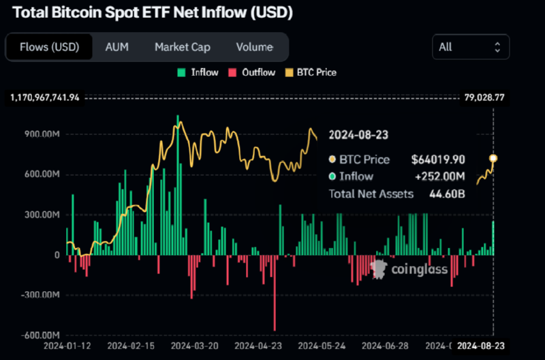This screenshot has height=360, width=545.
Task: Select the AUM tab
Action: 117,47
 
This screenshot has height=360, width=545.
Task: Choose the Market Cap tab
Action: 182,47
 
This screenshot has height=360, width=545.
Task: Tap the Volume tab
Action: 254,47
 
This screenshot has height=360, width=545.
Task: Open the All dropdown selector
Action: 470,47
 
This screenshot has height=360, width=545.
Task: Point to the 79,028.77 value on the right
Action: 485,97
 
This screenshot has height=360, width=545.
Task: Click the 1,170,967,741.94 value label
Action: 45,97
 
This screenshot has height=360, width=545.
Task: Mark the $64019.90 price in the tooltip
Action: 438,160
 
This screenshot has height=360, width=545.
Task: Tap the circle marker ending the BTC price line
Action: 493,158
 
